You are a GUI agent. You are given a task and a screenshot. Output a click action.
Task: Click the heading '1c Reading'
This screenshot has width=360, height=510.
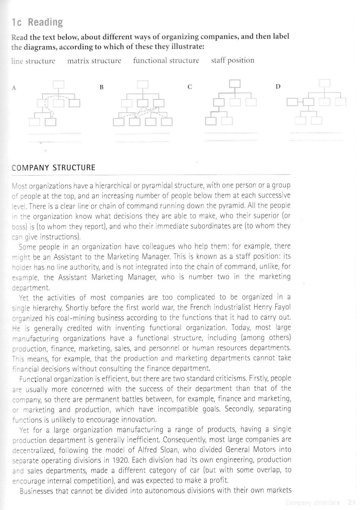click(x=37, y=23)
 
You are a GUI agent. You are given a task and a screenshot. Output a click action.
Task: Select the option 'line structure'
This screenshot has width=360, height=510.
click(x=33, y=61)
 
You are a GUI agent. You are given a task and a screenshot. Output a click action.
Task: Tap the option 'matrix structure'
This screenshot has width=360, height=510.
click(x=94, y=60)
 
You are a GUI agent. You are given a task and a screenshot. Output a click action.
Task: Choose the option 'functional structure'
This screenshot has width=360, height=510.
click(x=166, y=60)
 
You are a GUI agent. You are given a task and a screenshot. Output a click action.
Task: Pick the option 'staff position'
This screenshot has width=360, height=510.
click(x=233, y=60)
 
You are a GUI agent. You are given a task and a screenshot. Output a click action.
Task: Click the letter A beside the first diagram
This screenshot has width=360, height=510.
click(x=14, y=87)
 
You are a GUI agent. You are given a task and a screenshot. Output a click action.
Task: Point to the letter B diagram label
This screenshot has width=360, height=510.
click(x=102, y=87)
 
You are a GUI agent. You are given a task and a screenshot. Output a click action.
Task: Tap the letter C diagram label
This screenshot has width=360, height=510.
click(x=190, y=87)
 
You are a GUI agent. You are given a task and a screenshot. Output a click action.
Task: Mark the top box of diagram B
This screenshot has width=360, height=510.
click(x=143, y=84)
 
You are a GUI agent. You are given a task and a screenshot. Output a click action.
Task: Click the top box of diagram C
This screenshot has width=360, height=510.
click(x=235, y=84)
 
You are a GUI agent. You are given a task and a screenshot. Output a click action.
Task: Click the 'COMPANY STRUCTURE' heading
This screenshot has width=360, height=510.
click(x=54, y=168)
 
